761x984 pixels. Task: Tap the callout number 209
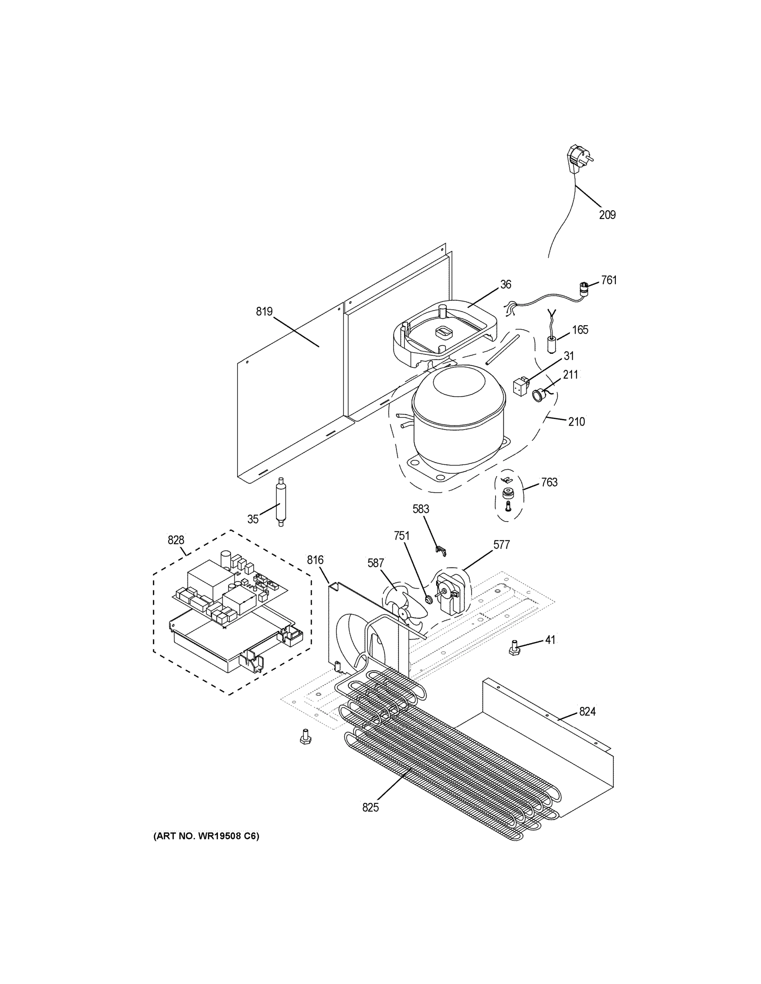607,215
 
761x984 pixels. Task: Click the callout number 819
264,311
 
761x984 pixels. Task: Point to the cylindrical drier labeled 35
281,502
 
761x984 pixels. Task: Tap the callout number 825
370,808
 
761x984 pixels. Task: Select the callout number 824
587,711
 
